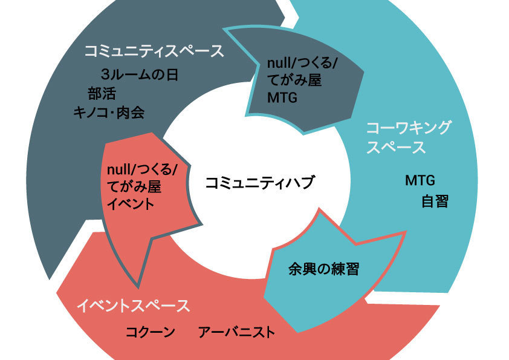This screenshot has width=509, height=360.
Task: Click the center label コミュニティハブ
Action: tap(260, 183)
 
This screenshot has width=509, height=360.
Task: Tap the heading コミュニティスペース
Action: tap(154, 51)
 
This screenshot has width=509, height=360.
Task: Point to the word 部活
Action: tap(101, 93)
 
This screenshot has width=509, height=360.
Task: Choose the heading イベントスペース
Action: tap(133, 306)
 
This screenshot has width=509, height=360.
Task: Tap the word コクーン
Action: tap(151, 332)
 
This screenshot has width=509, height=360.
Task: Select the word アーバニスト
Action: tap(236, 332)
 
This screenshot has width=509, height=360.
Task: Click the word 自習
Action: tap(435, 201)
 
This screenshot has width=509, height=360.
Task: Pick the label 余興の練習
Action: tap(323, 269)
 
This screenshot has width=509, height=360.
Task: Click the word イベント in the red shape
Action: tap(130, 204)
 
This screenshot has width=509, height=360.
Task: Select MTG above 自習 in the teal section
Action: tap(420, 180)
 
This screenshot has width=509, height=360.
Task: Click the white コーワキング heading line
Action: tap(409, 128)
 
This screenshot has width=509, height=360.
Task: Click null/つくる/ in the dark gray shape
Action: tap(302, 62)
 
